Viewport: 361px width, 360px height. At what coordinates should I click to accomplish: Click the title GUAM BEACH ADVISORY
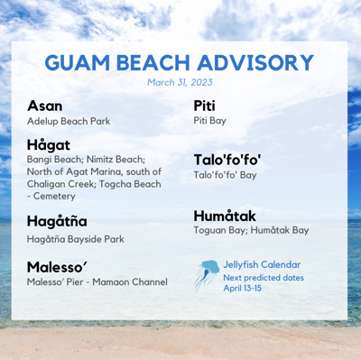[x=179, y=63]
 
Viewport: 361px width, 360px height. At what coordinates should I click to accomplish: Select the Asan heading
[x=45, y=106]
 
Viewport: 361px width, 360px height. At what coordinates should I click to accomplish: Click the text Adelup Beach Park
[x=67, y=121]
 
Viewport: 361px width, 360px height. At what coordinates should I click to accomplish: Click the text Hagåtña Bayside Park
[x=75, y=239]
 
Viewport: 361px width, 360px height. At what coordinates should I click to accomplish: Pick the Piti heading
[x=204, y=106]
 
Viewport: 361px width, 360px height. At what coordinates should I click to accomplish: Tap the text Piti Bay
[x=209, y=121]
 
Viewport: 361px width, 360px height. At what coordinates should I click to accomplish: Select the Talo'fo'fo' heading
[x=234, y=160]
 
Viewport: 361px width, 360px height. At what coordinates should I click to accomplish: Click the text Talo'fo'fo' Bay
[x=225, y=175]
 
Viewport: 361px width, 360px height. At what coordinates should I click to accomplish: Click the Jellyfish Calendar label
[x=262, y=264]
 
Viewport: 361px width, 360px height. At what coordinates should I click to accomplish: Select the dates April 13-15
[x=243, y=288]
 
